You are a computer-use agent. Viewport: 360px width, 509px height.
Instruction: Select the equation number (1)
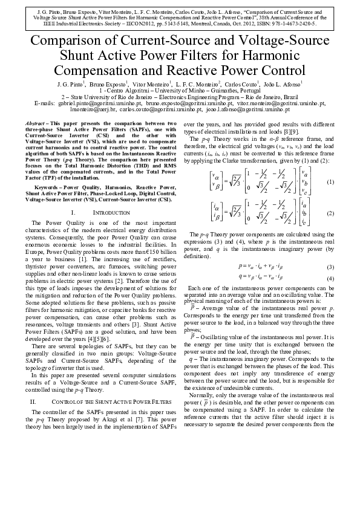coord(330,182)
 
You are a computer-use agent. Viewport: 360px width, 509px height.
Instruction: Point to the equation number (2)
coord(330,213)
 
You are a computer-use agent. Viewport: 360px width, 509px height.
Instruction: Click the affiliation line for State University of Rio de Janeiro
coord(180,97)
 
